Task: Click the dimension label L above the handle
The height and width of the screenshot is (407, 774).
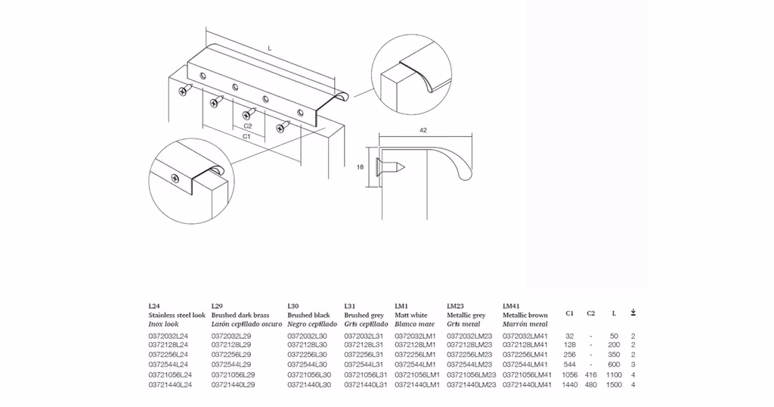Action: pyautogui.click(x=270, y=48)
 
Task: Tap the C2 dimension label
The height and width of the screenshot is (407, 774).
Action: pyautogui.click(x=248, y=126)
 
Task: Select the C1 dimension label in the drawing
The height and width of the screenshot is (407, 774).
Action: pyautogui.click(x=246, y=136)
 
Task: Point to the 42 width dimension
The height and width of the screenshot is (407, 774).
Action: pyautogui.click(x=423, y=130)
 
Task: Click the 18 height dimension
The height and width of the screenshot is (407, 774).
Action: pyautogui.click(x=361, y=167)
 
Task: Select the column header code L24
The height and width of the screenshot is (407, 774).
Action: pyautogui.click(x=154, y=306)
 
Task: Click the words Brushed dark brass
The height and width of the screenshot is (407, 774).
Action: pyautogui.click(x=240, y=315)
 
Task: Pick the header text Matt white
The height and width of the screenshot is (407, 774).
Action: pyautogui.click(x=411, y=315)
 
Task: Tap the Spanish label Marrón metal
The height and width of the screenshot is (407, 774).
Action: pyautogui.click(x=525, y=324)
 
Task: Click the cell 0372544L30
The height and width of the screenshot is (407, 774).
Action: pyautogui.click(x=307, y=365)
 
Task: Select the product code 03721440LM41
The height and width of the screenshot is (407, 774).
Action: pyautogui.click(x=527, y=385)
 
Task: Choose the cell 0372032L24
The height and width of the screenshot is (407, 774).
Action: pyautogui.click(x=169, y=336)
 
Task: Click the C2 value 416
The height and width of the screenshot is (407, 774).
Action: pyautogui.click(x=590, y=375)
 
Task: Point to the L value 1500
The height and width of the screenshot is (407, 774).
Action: pyautogui.click(x=614, y=385)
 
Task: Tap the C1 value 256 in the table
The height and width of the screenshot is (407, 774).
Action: pyautogui.click(x=570, y=355)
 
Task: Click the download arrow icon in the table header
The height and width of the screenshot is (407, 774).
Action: pyautogui.click(x=633, y=312)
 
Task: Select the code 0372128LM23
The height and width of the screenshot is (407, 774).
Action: pyautogui.click(x=469, y=345)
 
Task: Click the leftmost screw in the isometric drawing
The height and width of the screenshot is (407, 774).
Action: pyautogui.click(x=184, y=89)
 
